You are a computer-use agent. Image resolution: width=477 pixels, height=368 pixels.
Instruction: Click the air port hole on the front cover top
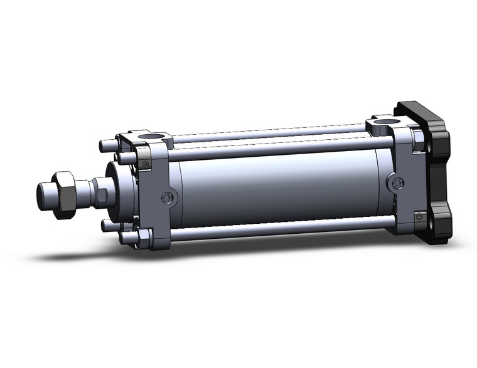click(x=151, y=136)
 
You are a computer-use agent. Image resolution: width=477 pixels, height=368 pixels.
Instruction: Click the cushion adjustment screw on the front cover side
click(x=167, y=198)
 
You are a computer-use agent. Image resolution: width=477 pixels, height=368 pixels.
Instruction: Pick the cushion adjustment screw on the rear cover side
click(x=395, y=183)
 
